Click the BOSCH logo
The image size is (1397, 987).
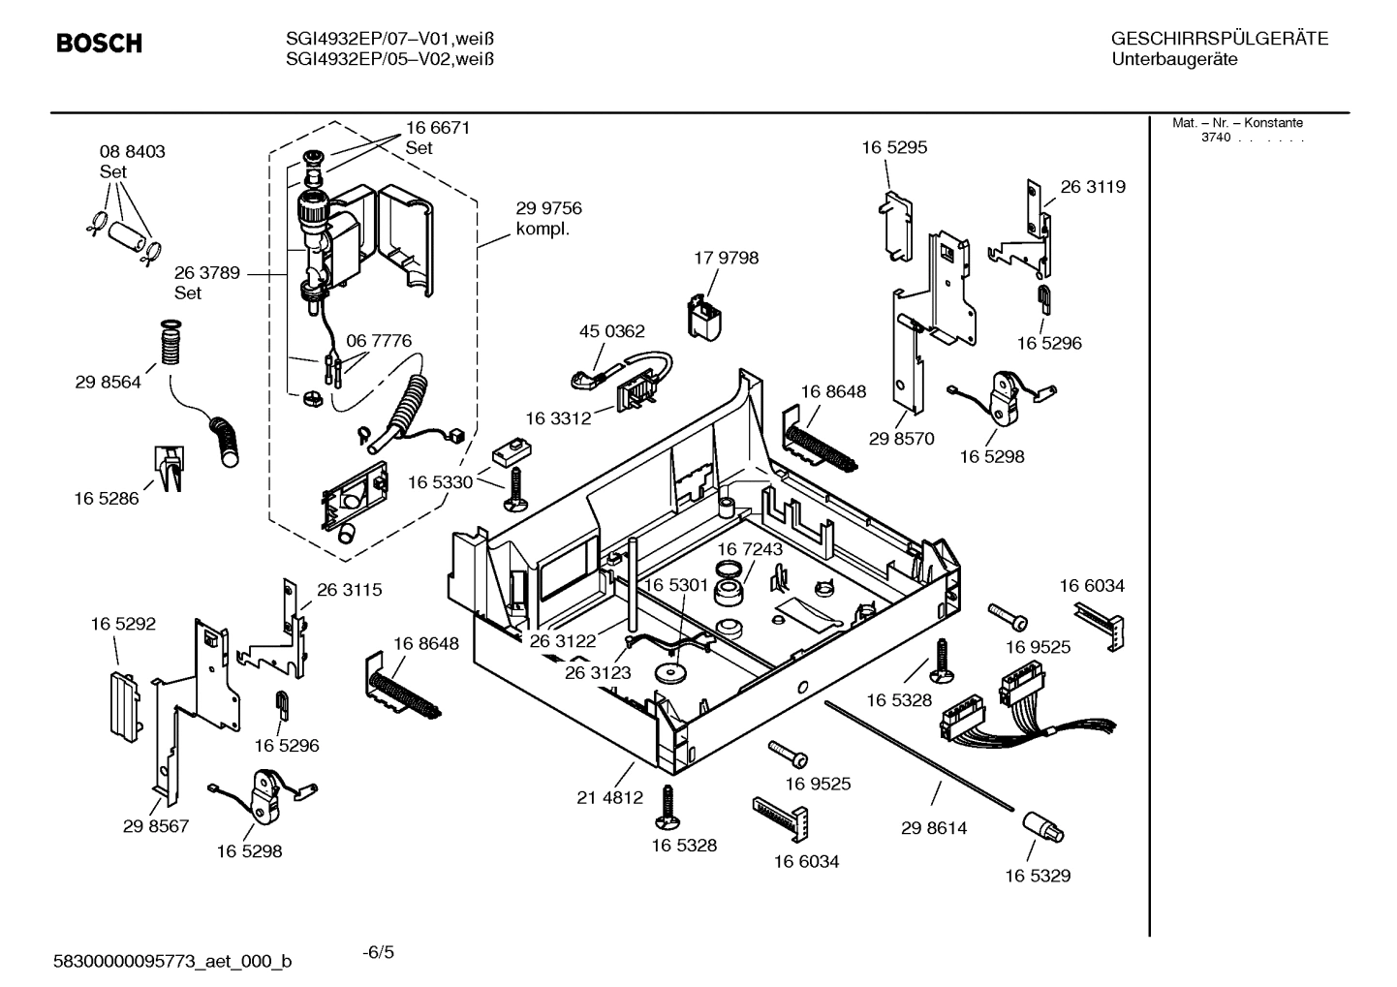pos(99,44)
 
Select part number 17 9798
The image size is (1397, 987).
pos(726,258)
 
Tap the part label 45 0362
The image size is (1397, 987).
pos(611,331)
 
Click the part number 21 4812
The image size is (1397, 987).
pos(609,798)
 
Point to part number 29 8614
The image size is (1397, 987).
pos(933,828)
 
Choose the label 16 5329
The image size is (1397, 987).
pos(1037,876)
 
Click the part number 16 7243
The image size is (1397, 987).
pos(749,549)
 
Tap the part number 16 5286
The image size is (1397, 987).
pos(107,499)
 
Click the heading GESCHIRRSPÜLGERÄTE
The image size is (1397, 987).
pos(1219,39)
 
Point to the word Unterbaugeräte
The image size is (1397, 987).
pos(1174,60)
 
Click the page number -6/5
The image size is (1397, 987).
pos(378,952)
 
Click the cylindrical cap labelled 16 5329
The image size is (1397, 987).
pos(1041,829)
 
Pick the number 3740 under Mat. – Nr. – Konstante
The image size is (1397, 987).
pos(1215,138)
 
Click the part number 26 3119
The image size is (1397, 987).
pos(1093,187)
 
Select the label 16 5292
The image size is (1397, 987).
pos(123,625)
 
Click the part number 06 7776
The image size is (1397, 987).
pos(379,341)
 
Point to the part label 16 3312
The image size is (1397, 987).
pos(558,418)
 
